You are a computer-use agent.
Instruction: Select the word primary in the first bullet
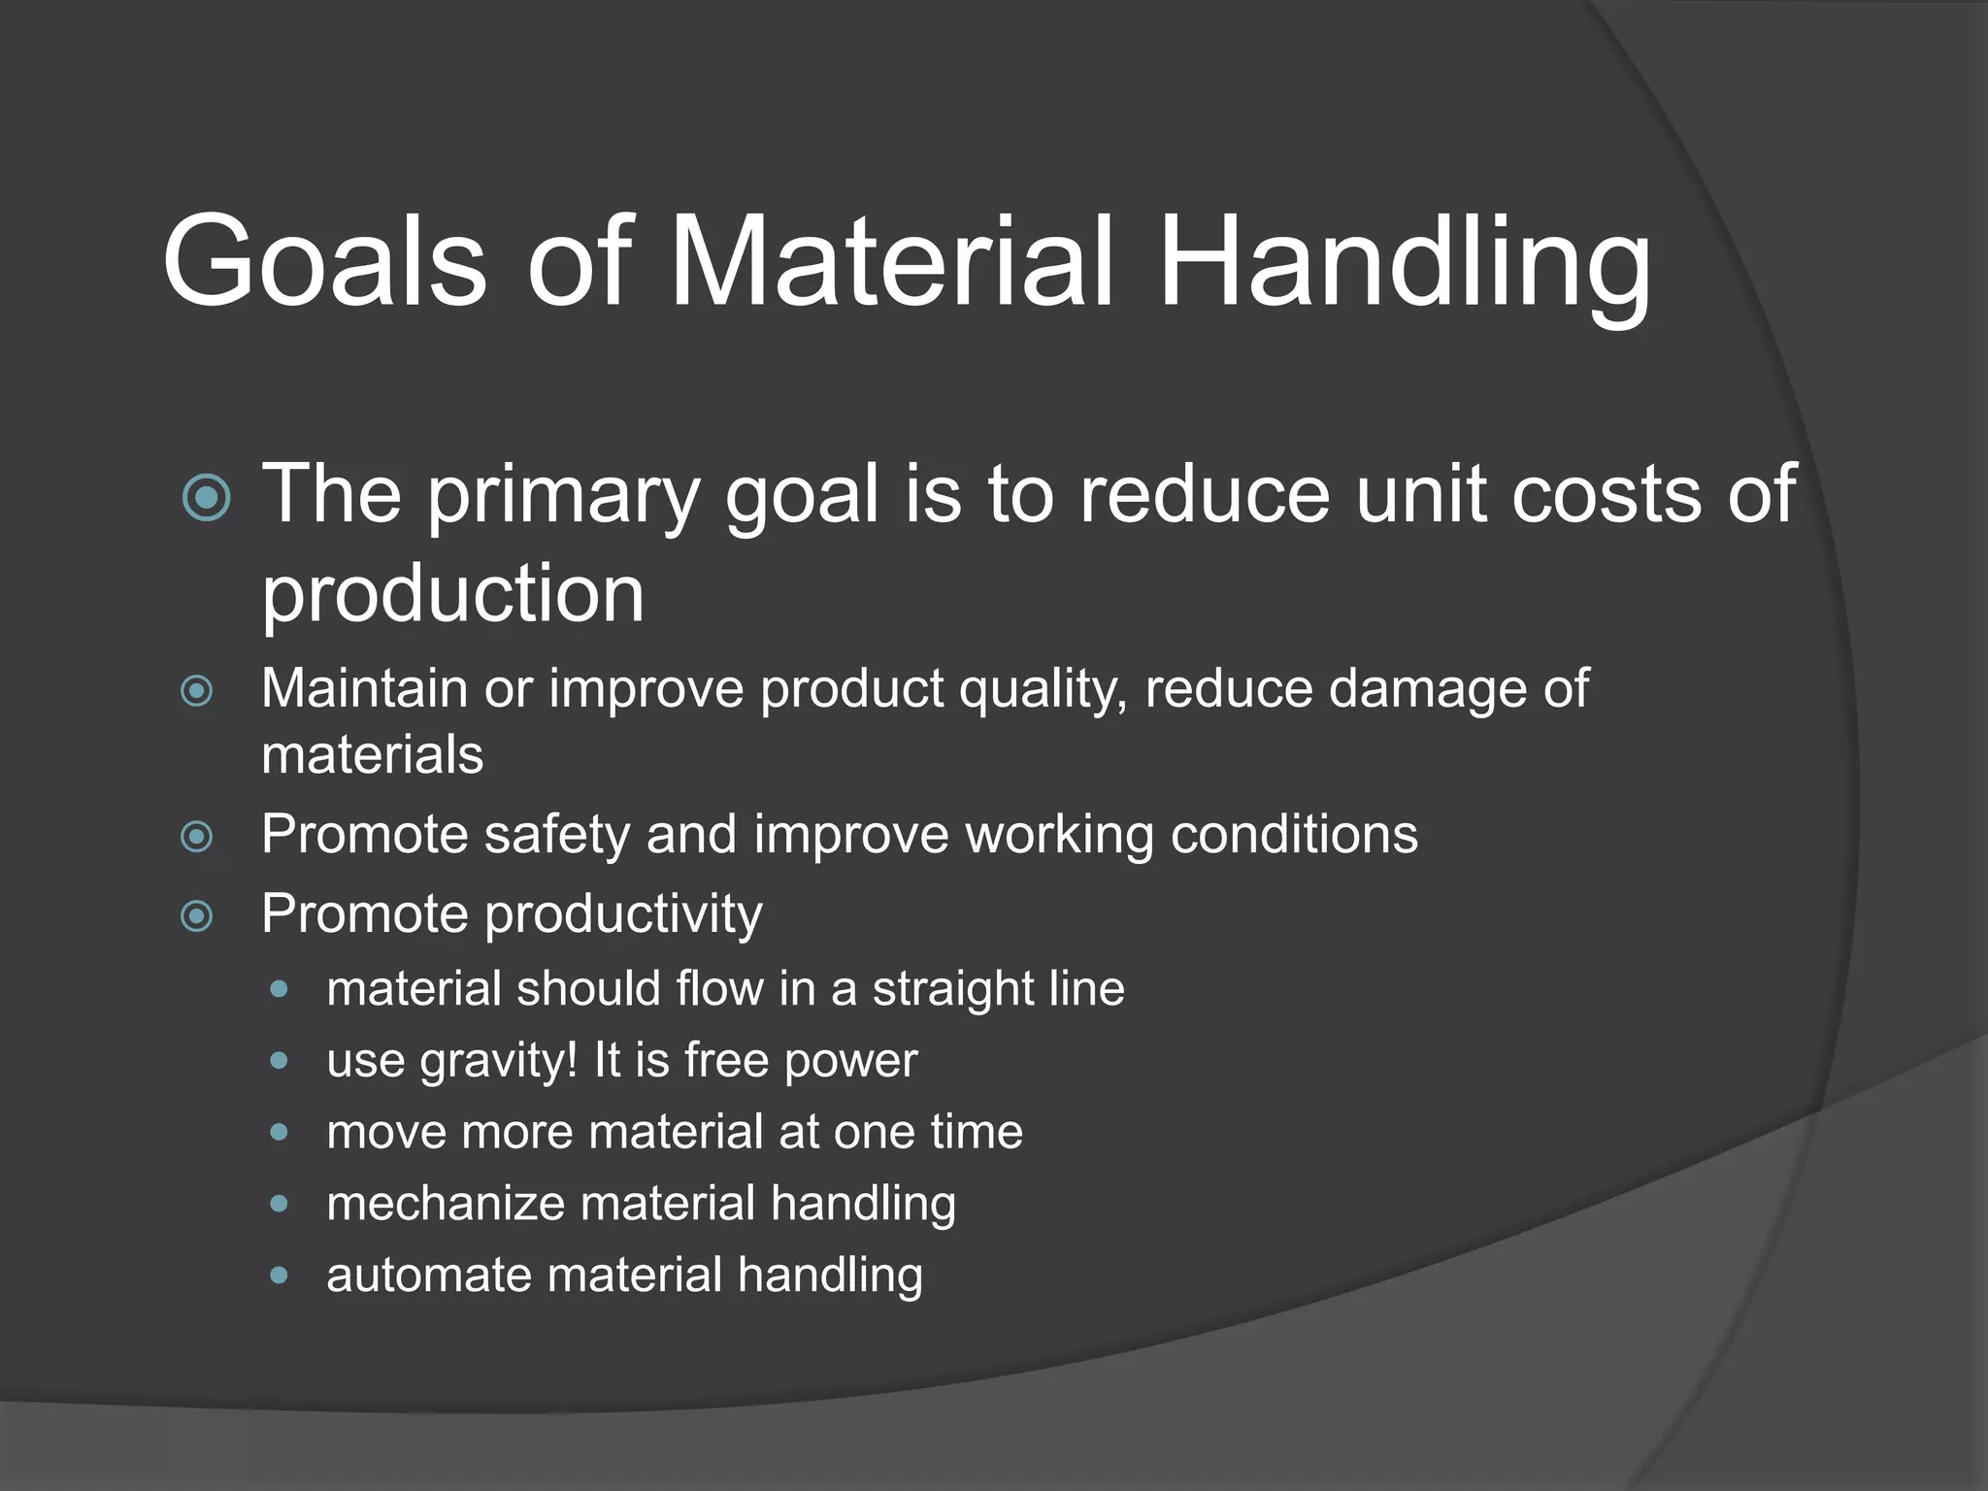tap(563, 495)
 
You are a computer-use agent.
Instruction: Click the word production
tap(452, 594)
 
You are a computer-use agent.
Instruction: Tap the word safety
tap(557, 835)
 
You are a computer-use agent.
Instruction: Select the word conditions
tap(1294, 835)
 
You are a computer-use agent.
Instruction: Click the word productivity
tap(622, 914)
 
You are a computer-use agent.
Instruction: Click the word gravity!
tap(499, 1061)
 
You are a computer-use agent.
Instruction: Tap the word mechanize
tap(446, 1204)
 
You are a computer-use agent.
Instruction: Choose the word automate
tap(428, 1276)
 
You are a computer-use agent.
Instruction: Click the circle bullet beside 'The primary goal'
tap(207, 498)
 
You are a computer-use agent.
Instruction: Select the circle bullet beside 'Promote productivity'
tap(197, 915)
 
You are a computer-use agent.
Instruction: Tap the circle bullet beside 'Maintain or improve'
tap(197, 691)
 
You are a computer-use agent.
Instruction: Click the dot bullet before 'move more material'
tap(280, 1132)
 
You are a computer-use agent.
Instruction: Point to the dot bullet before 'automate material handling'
tap(280, 1275)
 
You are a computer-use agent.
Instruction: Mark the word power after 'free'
tap(850, 1061)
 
